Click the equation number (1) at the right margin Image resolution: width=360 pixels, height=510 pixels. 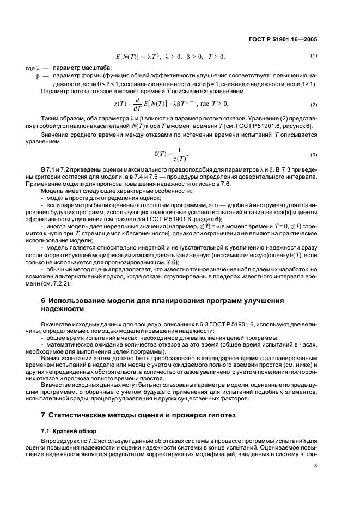(x=314, y=56)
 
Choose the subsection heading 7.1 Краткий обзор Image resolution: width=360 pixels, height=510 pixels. (x=64, y=431)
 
